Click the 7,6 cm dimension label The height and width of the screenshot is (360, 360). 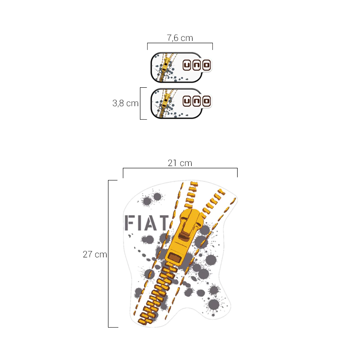pyautogui.click(x=180, y=38)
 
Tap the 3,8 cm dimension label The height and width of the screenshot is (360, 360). pyautogui.click(x=126, y=103)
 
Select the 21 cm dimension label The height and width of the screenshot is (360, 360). pyautogui.click(x=180, y=163)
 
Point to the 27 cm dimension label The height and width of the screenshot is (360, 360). pyautogui.click(x=95, y=254)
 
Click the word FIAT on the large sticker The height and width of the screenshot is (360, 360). pyautogui.click(x=147, y=222)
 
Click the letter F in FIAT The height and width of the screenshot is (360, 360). pyautogui.click(x=130, y=222)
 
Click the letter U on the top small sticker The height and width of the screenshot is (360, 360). pyautogui.click(x=187, y=65)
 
